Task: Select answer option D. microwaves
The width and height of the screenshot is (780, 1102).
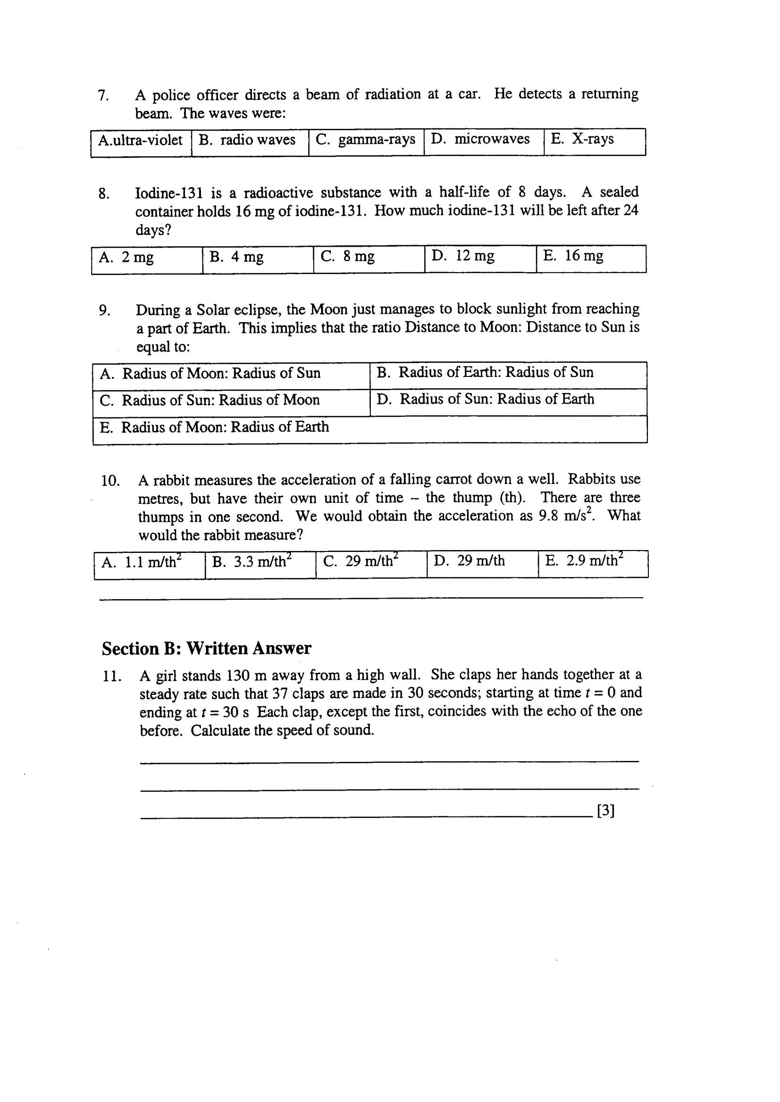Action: (480, 140)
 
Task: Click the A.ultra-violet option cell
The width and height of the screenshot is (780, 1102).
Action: (140, 141)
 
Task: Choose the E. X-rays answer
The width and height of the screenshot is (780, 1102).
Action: (582, 139)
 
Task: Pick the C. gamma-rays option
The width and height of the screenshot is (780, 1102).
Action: (366, 140)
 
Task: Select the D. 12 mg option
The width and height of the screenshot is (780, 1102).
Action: (463, 257)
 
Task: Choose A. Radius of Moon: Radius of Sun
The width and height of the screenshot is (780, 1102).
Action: (210, 374)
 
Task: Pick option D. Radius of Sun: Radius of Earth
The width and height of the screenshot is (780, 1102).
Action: (486, 400)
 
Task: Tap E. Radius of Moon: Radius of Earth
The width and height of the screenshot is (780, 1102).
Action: (214, 427)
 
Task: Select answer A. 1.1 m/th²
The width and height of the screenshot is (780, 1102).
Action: (141, 562)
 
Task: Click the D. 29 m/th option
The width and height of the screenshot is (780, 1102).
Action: (469, 561)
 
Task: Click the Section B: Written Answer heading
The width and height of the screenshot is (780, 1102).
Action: (207, 649)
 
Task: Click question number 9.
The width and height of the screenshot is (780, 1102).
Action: (104, 311)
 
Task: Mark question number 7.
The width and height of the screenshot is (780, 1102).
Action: (103, 96)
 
